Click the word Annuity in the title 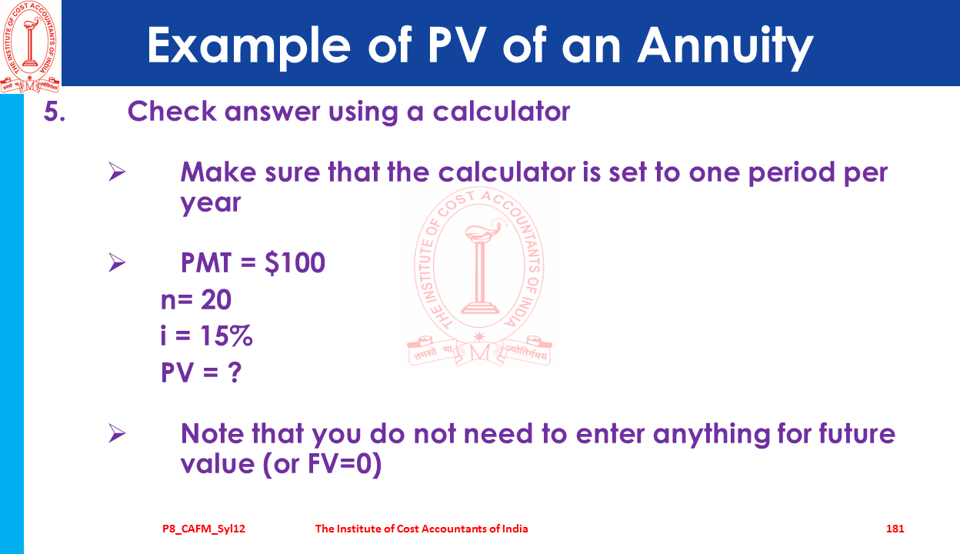pyautogui.click(x=725, y=46)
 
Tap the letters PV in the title pyautogui.click(x=457, y=45)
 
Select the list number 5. pyautogui.click(x=55, y=112)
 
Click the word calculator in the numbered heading pyautogui.click(x=502, y=112)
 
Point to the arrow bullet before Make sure pyautogui.click(x=117, y=172)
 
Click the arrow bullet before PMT pyautogui.click(x=117, y=262)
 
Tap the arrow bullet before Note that pyautogui.click(x=117, y=433)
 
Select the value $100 pyautogui.click(x=295, y=262)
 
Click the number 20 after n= pyautogui.click(x=216, y=299)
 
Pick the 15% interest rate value pyautogui.click(x=227, y=335)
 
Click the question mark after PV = pyautogui.click(x=235, y=372)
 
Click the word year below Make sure pyautogui.click(x=211, y=203)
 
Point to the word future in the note pyautogui.click(x=857, y=433)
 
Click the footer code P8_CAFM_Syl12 pyautogui.click(x=204, y=529)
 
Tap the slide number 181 pyautogui.click(x=895, y=529)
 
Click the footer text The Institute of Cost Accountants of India pyautogui.click(x=422, y=529)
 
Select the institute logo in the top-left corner pyautogui.click(x=29, y=46)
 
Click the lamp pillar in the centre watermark pyautogui.click(x=481, y=275)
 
